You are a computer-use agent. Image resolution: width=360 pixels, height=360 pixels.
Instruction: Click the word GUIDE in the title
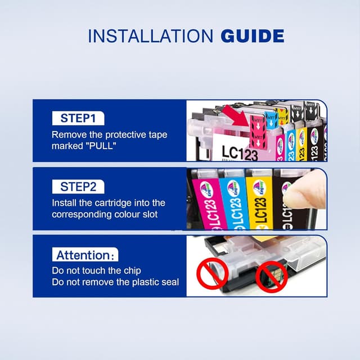pos(252,37)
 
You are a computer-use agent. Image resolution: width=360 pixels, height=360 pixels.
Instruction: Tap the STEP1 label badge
pos(78,118)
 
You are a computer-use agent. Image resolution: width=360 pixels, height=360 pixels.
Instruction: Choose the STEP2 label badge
pos(78,186)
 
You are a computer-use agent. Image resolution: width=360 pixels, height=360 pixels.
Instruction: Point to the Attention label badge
pos(85,255)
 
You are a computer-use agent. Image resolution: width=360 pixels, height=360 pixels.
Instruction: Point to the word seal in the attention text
pos(169,282)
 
